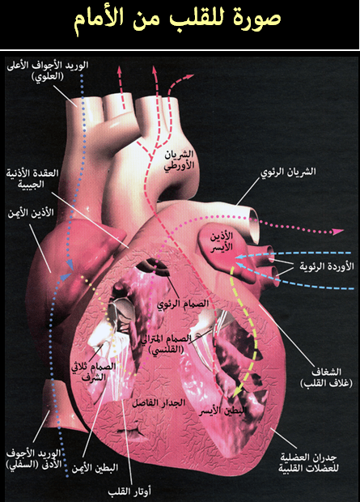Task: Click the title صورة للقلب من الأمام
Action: [x=178, y=19]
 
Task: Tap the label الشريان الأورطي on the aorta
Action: [x=180, y=160]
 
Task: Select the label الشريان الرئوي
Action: [x=288, y=172]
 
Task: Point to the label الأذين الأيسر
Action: [x=222, y=241]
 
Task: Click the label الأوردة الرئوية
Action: [x=327, y=266]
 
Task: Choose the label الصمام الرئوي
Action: [x=183, y=303]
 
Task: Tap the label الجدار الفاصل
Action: [x=159, y=402]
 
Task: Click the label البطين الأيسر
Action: [x=222, y=411]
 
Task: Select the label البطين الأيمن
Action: [x=95, y=467]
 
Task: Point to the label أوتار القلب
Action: [x=129, y=491]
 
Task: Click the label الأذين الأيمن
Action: [x=31, y=213]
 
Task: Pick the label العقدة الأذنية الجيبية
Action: [x=32, y=178]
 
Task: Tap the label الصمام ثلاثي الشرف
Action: [x=94, y=372]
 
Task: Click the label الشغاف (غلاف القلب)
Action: [x=326, y=377]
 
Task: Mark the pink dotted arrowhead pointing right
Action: [x=338, y=232]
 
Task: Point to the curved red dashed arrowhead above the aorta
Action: [x=190, y=77]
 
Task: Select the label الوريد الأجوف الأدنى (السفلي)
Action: [x=34, y=459]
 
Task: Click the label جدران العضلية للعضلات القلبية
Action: [x=308, y=462]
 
